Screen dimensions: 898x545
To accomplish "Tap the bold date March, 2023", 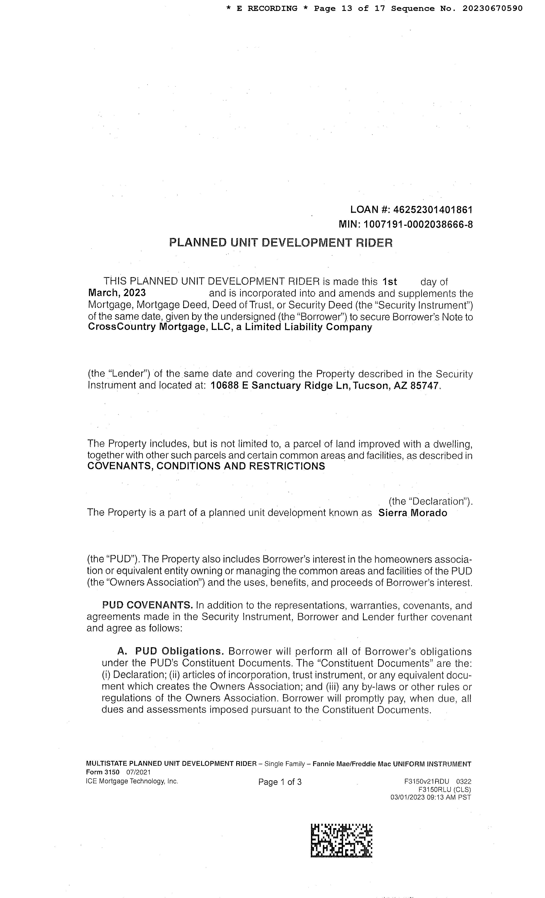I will click(x=117, y=293).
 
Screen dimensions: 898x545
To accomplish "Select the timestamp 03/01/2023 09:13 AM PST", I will click(x=431, y=798).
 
